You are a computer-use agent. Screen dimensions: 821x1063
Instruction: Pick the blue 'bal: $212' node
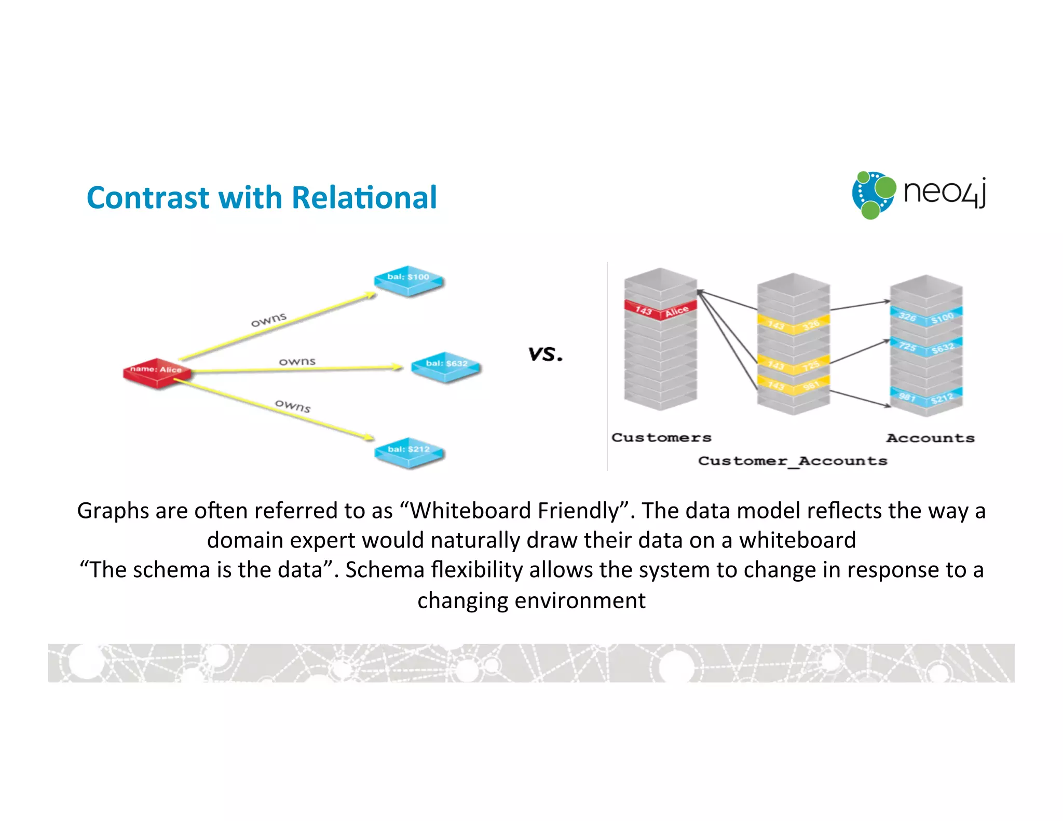coord(409,451)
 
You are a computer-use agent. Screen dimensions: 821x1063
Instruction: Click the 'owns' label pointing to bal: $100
coord(268,320)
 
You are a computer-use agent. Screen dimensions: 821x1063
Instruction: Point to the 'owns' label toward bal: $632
coord(297,361)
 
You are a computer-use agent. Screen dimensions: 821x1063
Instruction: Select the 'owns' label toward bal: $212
coord(293,405)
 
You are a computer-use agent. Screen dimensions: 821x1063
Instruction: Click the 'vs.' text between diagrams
coord(545,354)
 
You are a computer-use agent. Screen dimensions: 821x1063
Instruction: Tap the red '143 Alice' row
coord(660,310)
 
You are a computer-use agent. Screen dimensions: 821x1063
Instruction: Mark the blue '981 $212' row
coord(926,398)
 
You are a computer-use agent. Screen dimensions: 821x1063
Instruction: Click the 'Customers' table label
coord(661,437)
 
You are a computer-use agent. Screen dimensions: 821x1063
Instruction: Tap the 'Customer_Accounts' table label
coord(793,461)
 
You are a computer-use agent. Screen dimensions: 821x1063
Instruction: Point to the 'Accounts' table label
coord(930,438)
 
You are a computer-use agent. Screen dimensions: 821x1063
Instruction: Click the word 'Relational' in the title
coord(364,198)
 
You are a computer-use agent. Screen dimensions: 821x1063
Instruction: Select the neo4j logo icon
coord(874,195)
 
